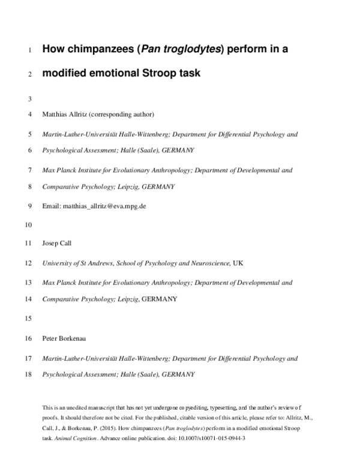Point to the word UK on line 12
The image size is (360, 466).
point(238,263)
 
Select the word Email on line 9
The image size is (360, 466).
point(50,205)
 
